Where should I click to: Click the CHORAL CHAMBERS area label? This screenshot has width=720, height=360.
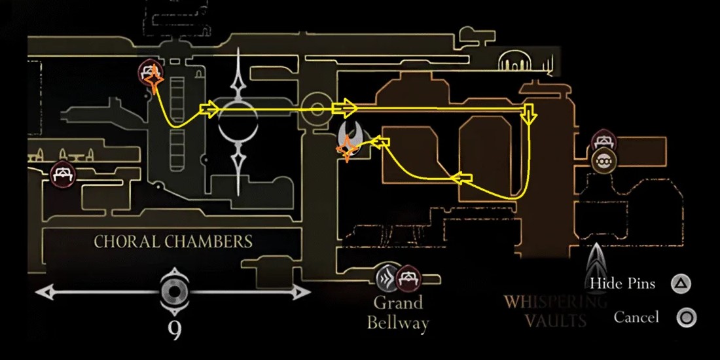pyautogui.click(x=173, y=242)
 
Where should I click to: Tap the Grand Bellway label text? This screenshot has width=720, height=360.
pyautogui.click(x=398, y=312)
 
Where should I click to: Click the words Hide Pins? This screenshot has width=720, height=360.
pyautogui.click(x=622, y=283)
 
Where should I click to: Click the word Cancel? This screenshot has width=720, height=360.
pyautogui.click(x=636, y=317)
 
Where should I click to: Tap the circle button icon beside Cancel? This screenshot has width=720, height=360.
pyautogui.click(x=686, y=318)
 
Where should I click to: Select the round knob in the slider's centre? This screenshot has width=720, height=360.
pyautogui.click(x=175, y=292)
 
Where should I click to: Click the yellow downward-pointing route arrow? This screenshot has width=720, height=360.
pyautogui.click(x=528, y=115)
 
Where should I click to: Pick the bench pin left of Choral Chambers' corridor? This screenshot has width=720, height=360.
pyautogui.click(x=63, y=174)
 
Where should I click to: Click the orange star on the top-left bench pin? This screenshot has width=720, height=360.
pyautogui.click(x=154, y=82)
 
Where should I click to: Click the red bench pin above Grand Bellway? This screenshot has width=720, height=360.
pyautogui.click(x=409, y=278)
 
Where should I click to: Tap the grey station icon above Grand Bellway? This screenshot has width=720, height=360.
pyautogui.click(x=387, y=278)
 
